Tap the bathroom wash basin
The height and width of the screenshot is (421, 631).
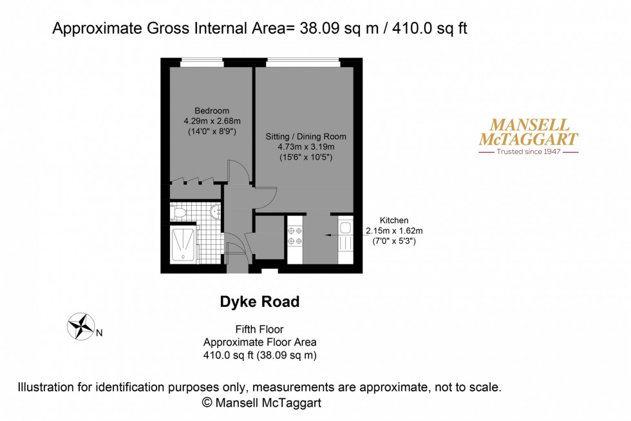coord(216,211)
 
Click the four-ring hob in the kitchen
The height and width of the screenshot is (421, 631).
coord(295,235)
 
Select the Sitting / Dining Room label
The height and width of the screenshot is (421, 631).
coord(306,137)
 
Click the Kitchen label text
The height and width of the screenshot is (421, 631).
coord(394,220)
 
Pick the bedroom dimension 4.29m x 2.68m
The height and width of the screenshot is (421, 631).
coord(211,121)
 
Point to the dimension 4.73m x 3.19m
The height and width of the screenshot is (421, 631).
coord(306,147)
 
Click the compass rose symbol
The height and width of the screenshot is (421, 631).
coord(80,326)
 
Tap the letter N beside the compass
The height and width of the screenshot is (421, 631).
coord(99,333)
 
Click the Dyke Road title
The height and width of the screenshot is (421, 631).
coord(259,302)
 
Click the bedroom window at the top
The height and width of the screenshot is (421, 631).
coord(207,63)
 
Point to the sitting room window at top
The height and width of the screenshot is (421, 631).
coord(303,63)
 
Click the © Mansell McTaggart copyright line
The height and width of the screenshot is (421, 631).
coord(261,402)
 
